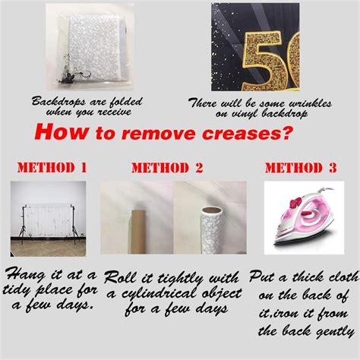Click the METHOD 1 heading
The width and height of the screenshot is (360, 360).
[52, 168]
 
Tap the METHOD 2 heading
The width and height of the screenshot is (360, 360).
[167, 168]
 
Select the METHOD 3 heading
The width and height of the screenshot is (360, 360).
[301, 168]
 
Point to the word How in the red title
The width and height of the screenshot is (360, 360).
[62, 132]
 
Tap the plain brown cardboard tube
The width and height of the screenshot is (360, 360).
[138, 232]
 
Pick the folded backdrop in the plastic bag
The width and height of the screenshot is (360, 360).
[90, 49]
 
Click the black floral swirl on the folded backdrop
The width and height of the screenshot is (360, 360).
[72, 71]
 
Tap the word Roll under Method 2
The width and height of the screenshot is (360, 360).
[121, 277]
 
